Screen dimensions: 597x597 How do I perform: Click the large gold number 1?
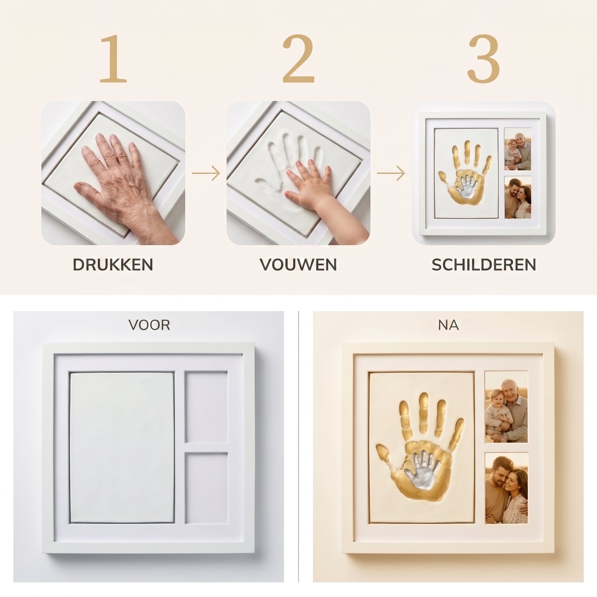tap(113, 59)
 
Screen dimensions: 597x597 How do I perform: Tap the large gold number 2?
tap(298, 59)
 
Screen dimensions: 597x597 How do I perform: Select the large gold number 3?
tap(484, 59)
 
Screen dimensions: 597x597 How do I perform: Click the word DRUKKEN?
tap(113, 265)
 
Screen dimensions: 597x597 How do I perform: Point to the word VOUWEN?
tap(298, 265)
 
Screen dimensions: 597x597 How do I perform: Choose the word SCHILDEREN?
tap(484, 265)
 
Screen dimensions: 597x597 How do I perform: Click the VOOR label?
tap(149, 325)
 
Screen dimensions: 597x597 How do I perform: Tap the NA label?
tap(448, 325)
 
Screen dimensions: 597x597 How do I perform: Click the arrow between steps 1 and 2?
tap(206, 173)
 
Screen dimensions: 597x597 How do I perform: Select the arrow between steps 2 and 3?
tap(391, 173)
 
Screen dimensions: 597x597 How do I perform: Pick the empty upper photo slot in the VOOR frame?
tap(206, 407)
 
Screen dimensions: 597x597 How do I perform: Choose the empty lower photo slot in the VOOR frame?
tap(206, 488)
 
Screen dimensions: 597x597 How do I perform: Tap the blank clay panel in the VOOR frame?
tap(122, 447)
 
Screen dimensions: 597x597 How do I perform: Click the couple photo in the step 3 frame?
tap(518, 197)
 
